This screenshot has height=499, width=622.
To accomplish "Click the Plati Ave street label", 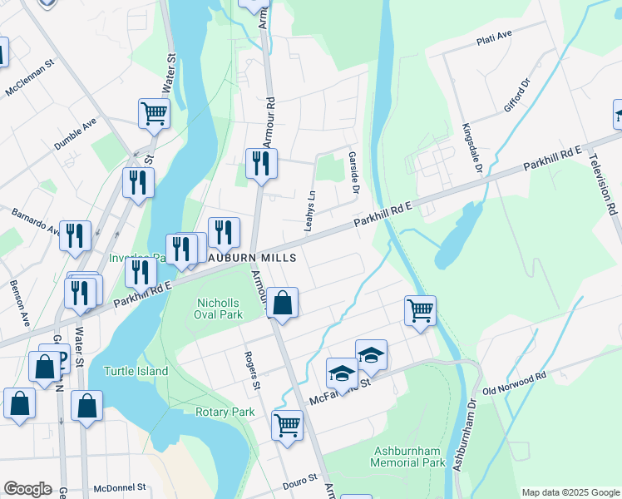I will click(x=494, y=38).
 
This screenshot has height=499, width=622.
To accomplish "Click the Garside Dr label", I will click(x=353, y=173).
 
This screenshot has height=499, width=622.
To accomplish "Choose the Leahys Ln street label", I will click(x=313, y=210).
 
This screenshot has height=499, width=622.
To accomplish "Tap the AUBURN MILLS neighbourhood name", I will click(x=251, y=259).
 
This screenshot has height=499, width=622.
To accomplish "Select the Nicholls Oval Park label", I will click(x=225, y=309).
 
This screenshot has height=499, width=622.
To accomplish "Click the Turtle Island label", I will click(x=136, y=371).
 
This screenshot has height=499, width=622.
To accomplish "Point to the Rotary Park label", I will click(x=225, y=412).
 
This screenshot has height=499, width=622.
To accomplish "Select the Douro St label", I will click(x=302, y=479).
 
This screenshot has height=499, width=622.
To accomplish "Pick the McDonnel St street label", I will click(x=120, y=487).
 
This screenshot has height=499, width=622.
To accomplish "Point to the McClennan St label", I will click(x=30, y=77).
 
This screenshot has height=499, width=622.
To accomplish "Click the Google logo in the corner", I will click(x=27, y=489).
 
